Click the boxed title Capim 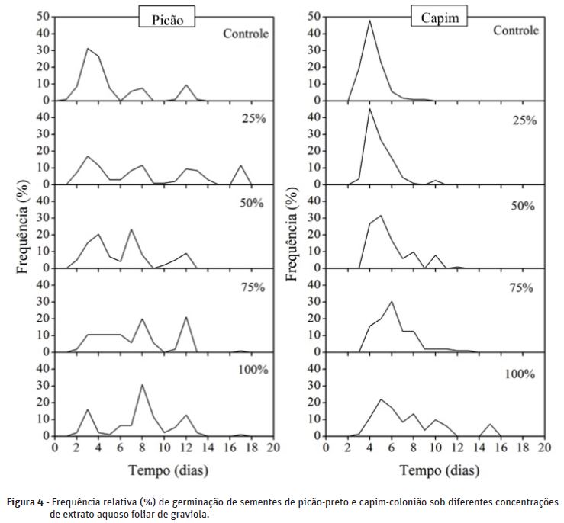440,17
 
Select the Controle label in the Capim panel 516,30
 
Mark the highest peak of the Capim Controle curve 370,21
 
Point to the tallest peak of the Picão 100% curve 141,385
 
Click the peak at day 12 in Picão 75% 185,317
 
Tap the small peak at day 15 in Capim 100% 489,424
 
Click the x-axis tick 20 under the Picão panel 272,448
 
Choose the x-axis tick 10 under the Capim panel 435,448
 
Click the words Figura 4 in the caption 26,502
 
